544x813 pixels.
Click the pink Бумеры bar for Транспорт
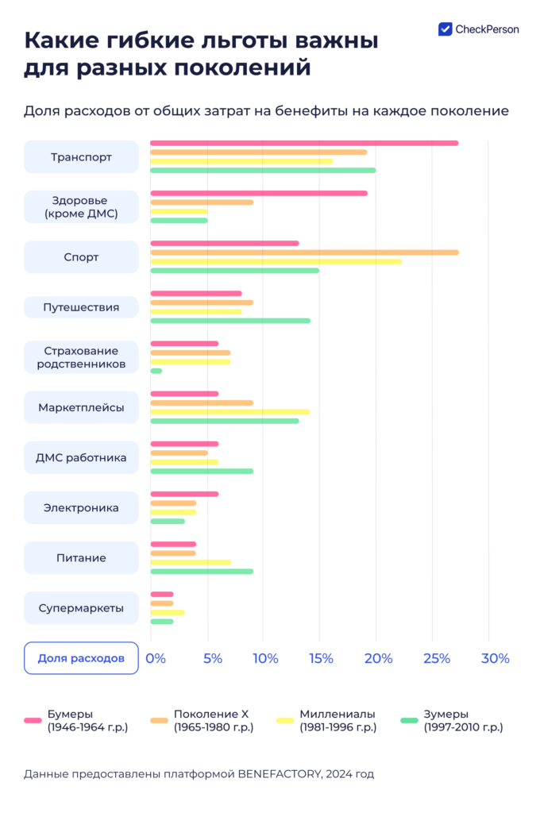coord(304,143)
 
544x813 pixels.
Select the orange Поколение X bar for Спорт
coord(304,252)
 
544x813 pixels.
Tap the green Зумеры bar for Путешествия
coord(230,321)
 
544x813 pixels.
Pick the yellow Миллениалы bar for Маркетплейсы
coord(230,412)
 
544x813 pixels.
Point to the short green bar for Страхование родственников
coord(156,371)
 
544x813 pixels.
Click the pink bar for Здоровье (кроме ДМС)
coord(259,193)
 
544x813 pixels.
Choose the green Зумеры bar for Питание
coord(202,572)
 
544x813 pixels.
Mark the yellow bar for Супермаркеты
coord(168,612)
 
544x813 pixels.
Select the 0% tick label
coord(156,658)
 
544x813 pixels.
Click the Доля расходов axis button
coord(81,658)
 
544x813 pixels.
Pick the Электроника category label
coord(81,507)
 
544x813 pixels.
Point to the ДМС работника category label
coord(81,457)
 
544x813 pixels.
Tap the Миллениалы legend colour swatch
coord(286,720)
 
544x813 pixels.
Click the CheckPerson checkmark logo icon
coord(446,29)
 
